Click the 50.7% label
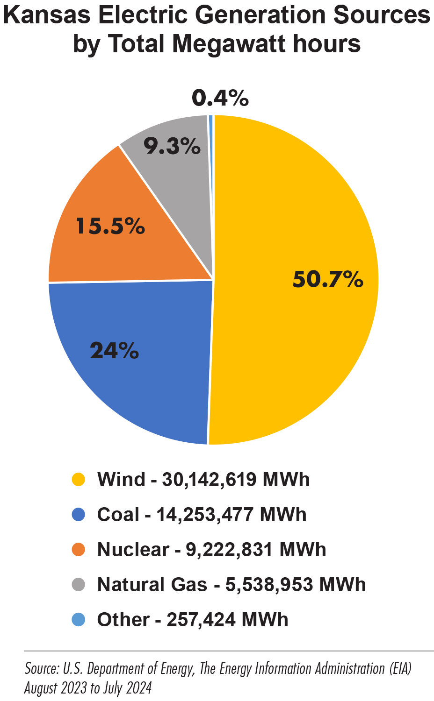tap(328, 279)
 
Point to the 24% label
tap(114, 350)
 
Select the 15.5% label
tap(110, 227)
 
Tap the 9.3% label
tap(172, 147)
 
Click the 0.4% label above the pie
tap(220, 99)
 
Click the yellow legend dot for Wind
tap(78, 480)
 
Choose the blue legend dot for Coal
tap(78, 515)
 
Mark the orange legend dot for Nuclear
tap(78, 550)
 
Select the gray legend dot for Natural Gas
tap(78, 585)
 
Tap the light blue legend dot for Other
tap(78, 620)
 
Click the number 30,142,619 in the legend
tap(209, 480)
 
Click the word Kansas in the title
tap(47, 16)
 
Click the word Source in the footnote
tap(41, 669)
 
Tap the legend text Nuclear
tap(133, 550)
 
